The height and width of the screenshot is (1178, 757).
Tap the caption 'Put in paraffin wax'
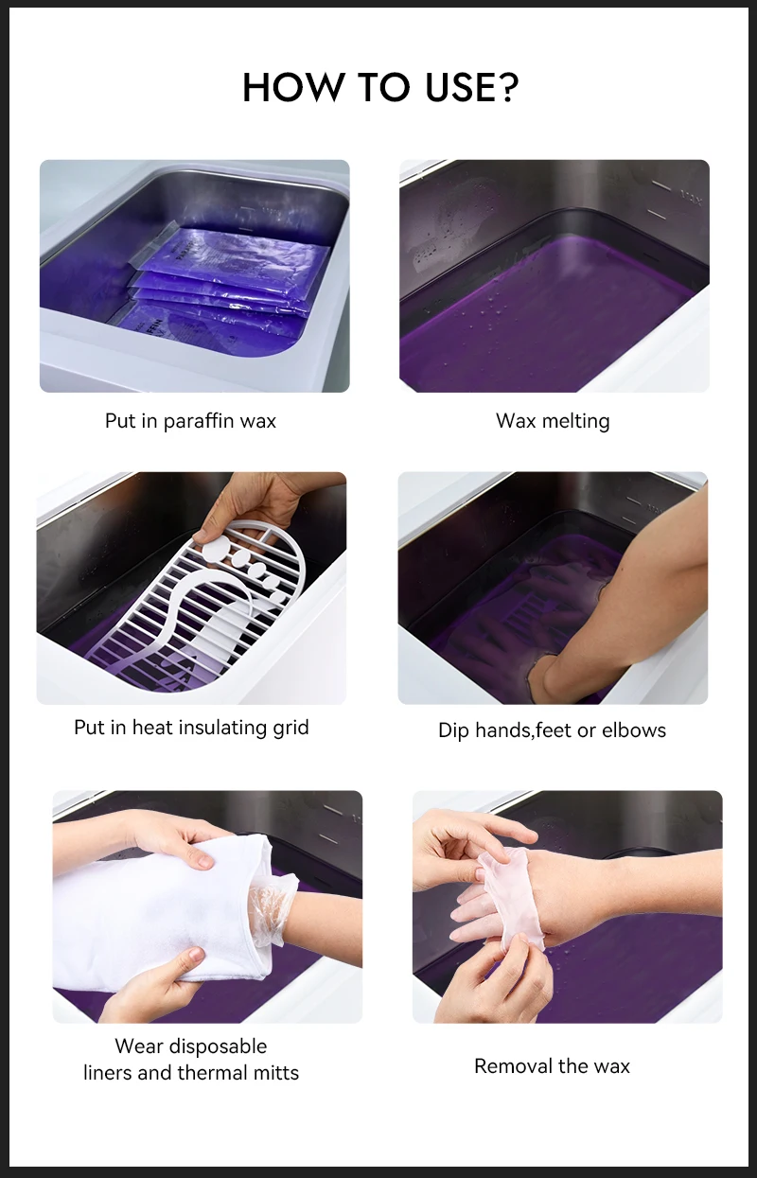tap(190, 421)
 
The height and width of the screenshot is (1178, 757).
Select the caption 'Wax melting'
tap(553, 421)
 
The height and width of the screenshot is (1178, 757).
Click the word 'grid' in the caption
tap(289, 728)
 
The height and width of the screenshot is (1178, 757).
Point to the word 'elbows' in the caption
tap(635, 730)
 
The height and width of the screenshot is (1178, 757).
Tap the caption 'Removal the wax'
tap(552, 1066)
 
